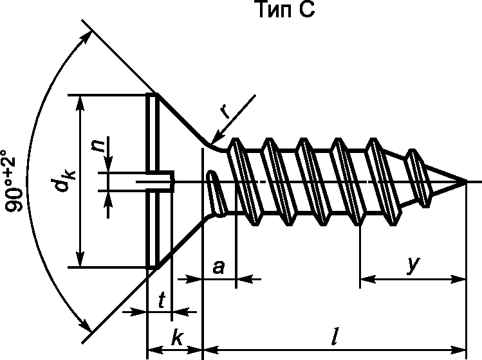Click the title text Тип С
pyautogui.click(x=286, y=9)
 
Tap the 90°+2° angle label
pyautogui.click(x=14, y=181)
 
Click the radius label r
pyautogui.click(x=227, y=111)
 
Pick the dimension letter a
pyautogui.click(x=219, y=267)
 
